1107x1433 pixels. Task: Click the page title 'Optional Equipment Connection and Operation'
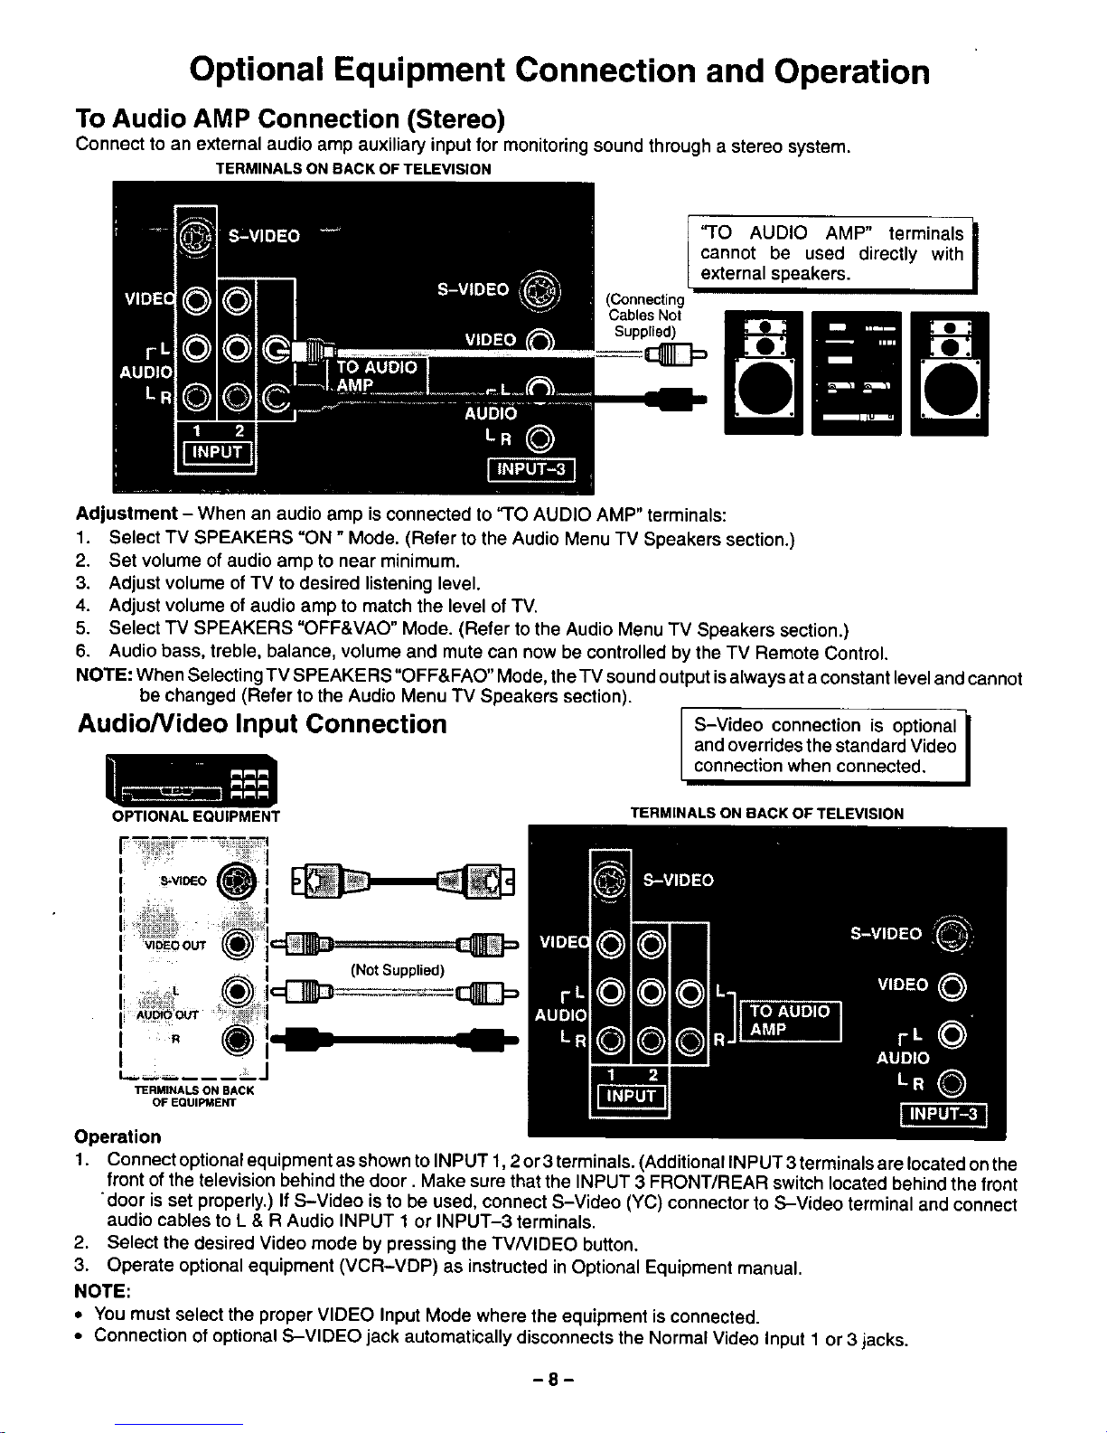pyautogui.click(x=559, y=71)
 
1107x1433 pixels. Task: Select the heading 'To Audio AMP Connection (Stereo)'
pyautogui.click(x=290, y=119)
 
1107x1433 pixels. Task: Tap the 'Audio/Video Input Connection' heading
pyautogui.click(x=262, y=724)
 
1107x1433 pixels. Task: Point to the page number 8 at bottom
pyautogui.click(x=553, y=1381)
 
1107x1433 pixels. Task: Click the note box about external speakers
pyautogui.click(x=831, y=253)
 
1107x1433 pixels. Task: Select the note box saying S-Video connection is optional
pyautogui.click(x=824, y=746)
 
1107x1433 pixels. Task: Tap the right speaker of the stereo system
pyautogui.click(x=949, y=373)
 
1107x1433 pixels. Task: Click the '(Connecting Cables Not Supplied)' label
pyautogui.click(x=645, y=315)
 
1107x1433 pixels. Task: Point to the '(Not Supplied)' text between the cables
pyautogui.click(x=398, y=971)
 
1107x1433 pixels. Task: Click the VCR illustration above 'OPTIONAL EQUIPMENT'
pyautogui.click(x=192, y=780)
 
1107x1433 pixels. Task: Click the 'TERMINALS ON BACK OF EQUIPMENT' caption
pyautogui.click(x=193, y=1096)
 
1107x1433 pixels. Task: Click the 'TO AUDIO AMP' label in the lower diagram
pyautogui.click(x=791, y=1021)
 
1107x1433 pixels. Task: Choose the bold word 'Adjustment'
pyautogui.click(x=127, y=514)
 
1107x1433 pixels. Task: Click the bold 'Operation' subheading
pyautogui.click(x=117, y=1136)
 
